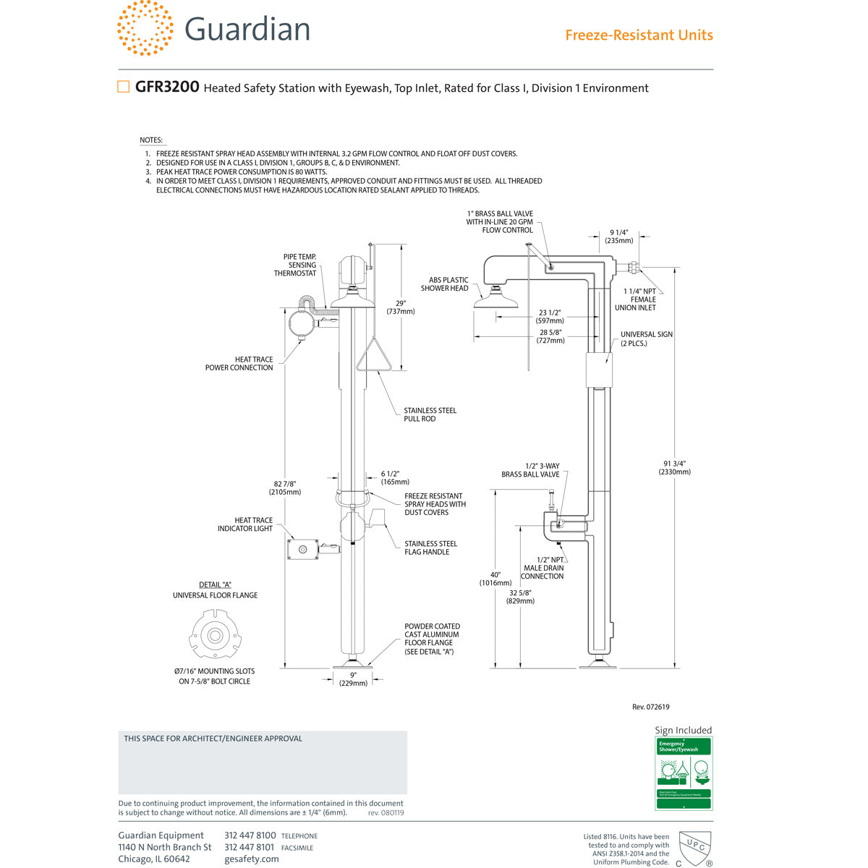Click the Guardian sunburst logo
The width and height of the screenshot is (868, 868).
[145, 28]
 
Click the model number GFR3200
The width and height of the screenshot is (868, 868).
[167, 87]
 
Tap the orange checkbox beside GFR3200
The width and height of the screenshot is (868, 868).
[124, 87]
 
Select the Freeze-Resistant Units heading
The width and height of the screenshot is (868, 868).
[639, 35]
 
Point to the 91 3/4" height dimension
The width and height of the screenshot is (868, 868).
[674, 467]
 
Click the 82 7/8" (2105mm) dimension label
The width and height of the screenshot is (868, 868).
[284, 488]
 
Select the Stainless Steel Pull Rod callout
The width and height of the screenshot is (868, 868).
[430, 414]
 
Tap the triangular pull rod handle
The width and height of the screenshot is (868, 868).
[373, 357]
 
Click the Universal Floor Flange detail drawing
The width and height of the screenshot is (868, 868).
[215, 636]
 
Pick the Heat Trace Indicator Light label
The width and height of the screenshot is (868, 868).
[245, 524]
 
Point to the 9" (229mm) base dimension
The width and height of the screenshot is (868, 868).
[353, 678]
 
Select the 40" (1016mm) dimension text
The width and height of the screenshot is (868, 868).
[495, 579]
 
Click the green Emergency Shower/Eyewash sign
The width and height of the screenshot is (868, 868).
[684, 773]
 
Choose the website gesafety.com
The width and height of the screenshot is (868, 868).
[251, 859]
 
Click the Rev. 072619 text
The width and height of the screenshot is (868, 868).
[650, 707]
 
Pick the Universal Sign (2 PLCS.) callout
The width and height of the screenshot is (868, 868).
[646, 339]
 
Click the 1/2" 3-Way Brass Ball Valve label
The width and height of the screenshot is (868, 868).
[530, 470]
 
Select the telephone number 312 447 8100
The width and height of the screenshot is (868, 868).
[250, 835]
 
